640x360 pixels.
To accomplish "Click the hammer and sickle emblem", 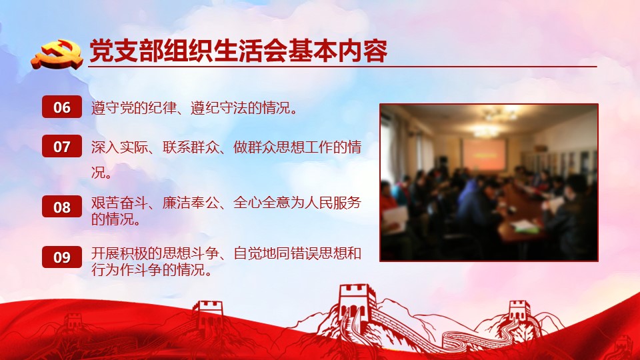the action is [57, 54].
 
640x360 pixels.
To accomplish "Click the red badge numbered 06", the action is [61, 107].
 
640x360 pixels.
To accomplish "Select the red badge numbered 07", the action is [61, 146].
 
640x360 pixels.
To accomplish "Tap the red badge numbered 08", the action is [61, 207].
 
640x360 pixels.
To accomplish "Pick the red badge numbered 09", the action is [61, 257].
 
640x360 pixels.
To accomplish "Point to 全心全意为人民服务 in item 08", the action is [297, 203].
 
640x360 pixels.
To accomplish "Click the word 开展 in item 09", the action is [105, 253].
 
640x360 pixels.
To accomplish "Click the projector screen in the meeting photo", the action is [484, 154].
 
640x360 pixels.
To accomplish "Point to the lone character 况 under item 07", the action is [98, 173].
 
